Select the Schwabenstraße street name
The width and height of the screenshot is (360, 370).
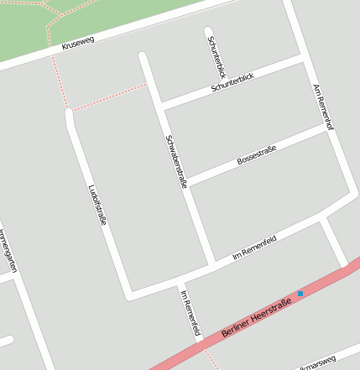click(x=176, y=161)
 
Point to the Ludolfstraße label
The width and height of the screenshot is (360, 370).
click(x=97, y=204)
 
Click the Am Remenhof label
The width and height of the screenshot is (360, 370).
click(x=323, y=107)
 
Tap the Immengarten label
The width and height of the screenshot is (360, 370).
click(x=8, y=250)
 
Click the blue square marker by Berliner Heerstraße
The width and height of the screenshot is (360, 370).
click(x=300, y=294)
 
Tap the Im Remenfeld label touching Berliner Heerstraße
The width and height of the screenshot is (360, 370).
click(x=190, y=312)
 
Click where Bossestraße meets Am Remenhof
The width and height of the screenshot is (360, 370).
click(x=328, y=128)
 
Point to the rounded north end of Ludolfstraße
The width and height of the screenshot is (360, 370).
click(x=70, y=113)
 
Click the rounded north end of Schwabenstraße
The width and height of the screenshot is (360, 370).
click(x=143, y=58)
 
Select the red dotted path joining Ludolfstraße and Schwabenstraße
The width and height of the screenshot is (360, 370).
click(x=109, y=97)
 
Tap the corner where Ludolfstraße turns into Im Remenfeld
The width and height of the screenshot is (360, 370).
click(x=129, y=295)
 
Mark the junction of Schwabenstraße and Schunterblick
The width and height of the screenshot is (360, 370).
click(x=159, y=106)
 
